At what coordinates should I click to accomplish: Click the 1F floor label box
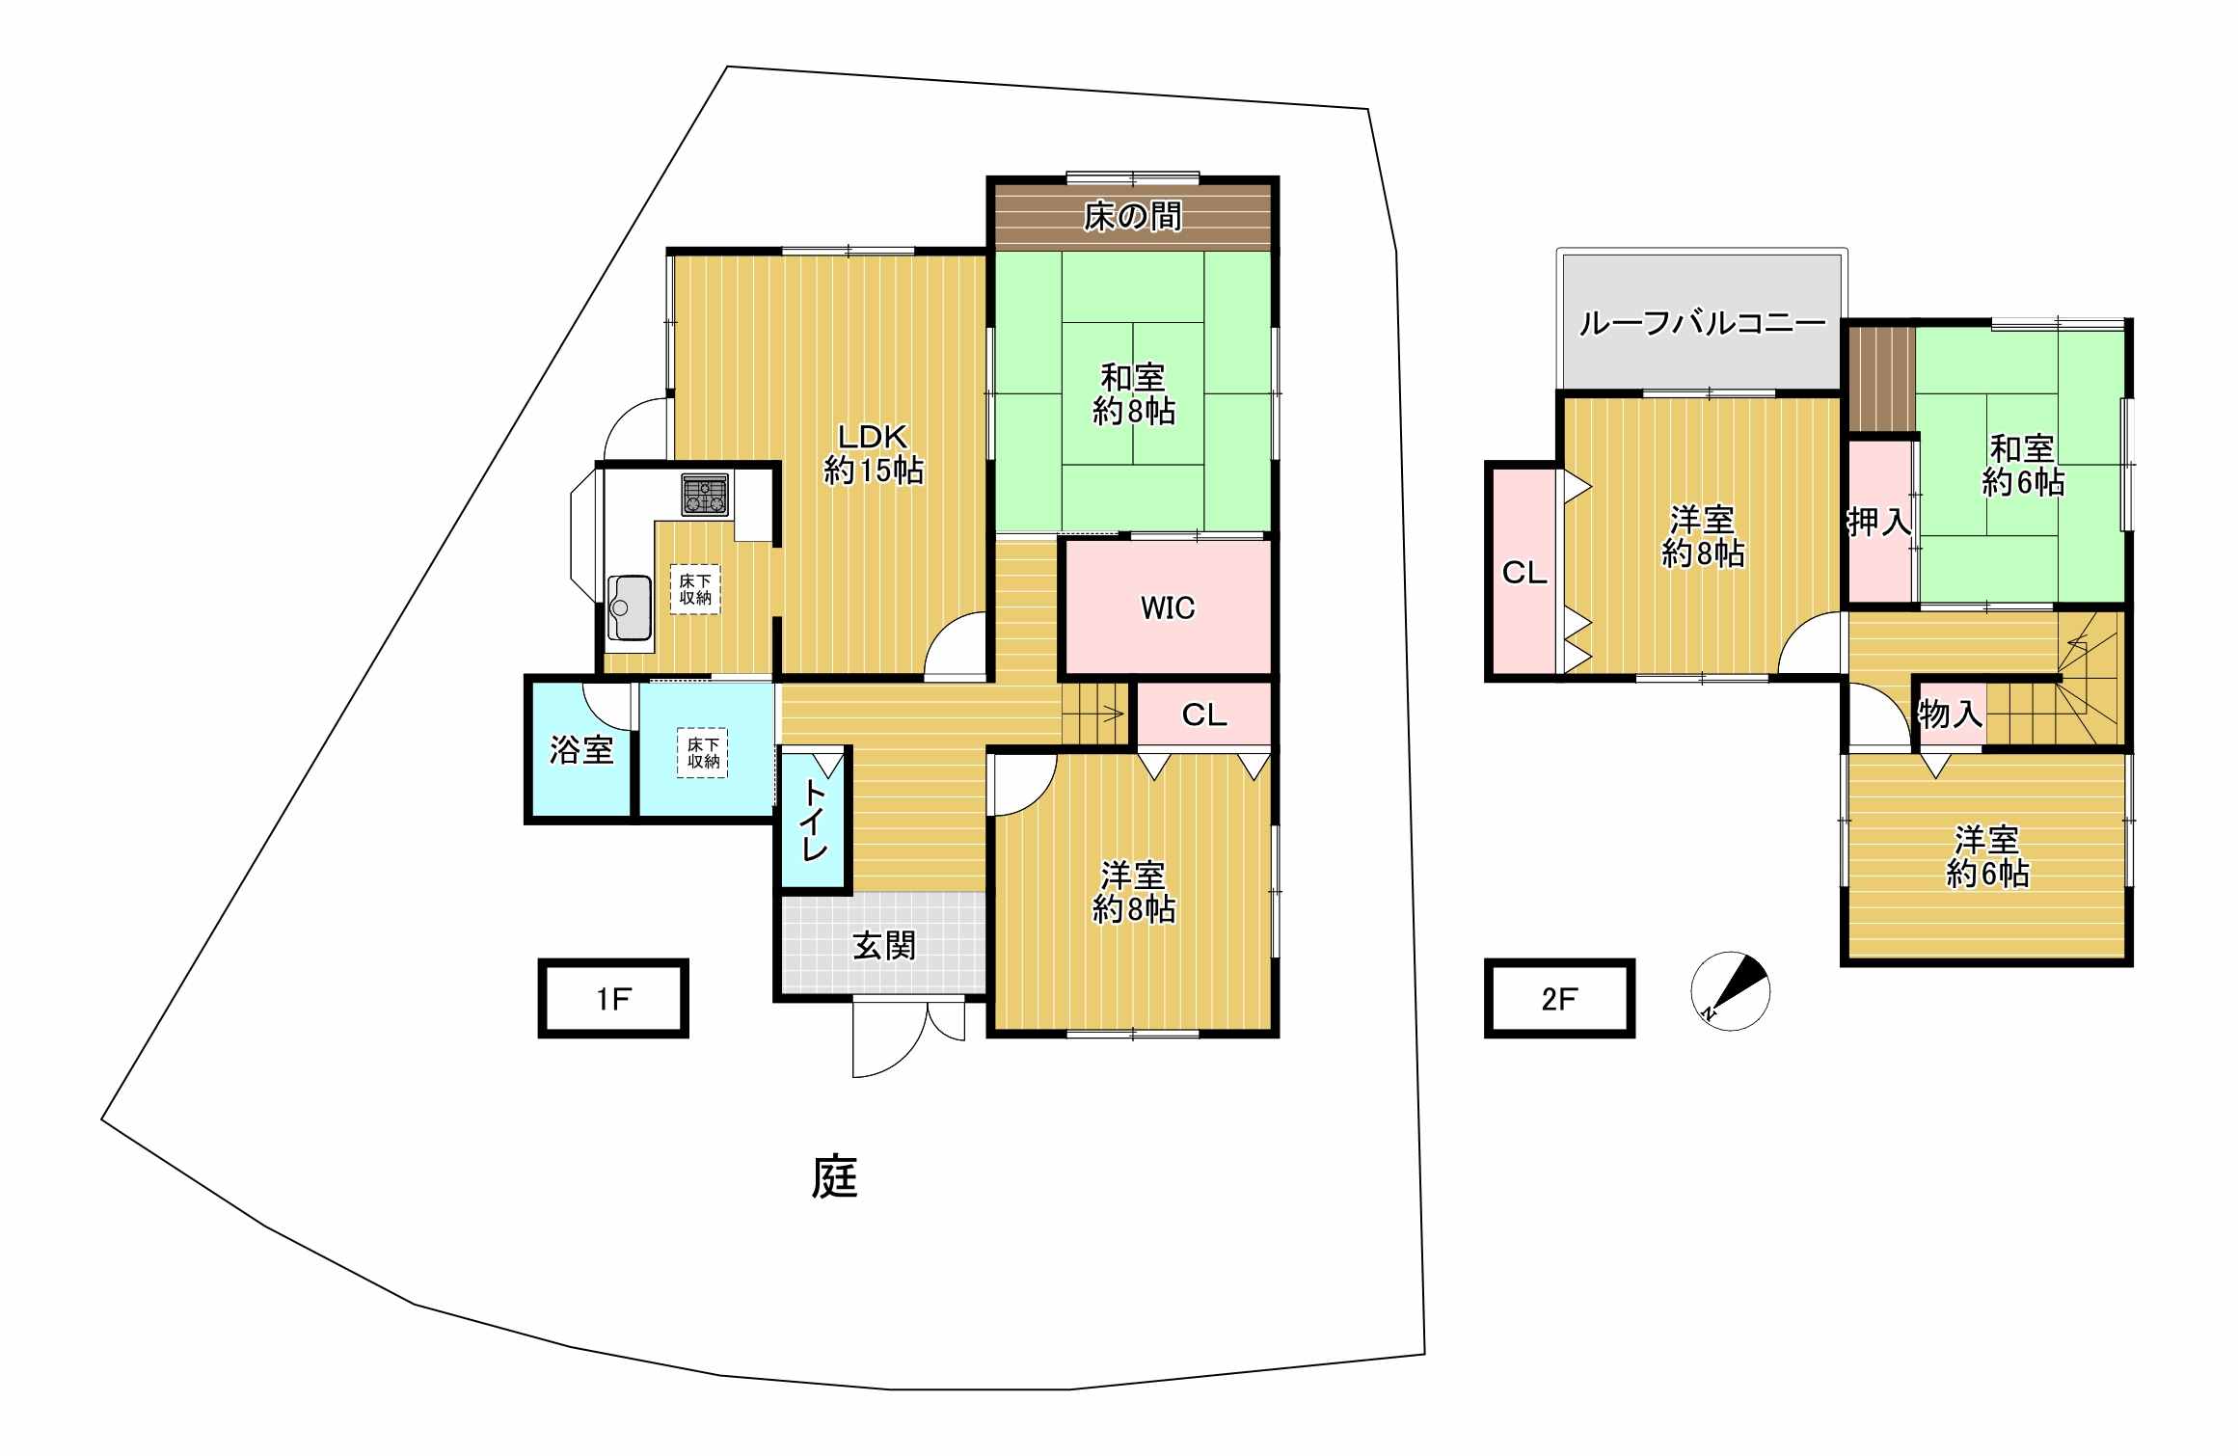tap(613, 998)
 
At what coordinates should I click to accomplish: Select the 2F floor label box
tap(1559, 998)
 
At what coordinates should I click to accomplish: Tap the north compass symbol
tap(1731, 991)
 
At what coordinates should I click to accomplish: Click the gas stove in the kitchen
tap(706, 495)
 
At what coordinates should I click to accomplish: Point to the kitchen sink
tap(630, 607)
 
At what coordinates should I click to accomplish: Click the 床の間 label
tap(1132, 217)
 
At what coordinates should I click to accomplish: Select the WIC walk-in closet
tap(1168, 607)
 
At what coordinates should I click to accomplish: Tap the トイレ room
tap(815, 820)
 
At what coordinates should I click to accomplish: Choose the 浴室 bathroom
tap(581, 749)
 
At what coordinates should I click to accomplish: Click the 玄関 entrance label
tap(883, 946)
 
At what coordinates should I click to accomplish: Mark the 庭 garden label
tap(834, 1176)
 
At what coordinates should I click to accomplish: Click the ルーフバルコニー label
tap(1702, 323)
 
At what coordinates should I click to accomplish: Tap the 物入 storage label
tap(1950, 715)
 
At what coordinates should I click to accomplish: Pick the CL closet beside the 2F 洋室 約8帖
tap(1523, 572)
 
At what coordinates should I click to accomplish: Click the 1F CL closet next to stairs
tap(1204, 715)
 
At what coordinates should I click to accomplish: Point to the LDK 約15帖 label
tap(874, 453)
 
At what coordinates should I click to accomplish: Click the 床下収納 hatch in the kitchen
tap(695, 589)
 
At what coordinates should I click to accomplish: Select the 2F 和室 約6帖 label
tap(2023, 465)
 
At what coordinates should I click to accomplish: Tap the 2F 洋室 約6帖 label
tap(1987, 856)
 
